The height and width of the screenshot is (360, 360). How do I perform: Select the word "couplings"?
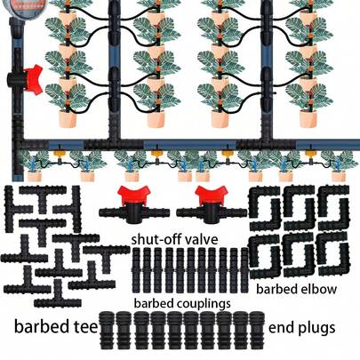(x=204, y=303)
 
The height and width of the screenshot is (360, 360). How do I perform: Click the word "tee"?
(x=86, y=327)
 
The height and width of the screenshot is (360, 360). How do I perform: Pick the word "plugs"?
(x=318, y=328)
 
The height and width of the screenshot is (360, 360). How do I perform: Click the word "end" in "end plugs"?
(x=283, y=327)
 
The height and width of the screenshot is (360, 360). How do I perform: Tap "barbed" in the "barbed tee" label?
(x=43, y=326)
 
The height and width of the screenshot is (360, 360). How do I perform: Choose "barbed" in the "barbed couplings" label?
(x=154, y=303)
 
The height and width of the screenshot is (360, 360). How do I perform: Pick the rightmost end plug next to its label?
(x=256, y=330)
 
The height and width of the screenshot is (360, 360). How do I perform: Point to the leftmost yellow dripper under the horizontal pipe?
(x=60, y=154)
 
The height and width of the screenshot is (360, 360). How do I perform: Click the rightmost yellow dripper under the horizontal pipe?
(x=311, y=154)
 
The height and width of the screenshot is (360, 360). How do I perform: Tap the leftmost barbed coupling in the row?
(x=136, y=270)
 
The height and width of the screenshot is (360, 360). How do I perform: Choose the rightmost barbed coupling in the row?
(x=244, y=270)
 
